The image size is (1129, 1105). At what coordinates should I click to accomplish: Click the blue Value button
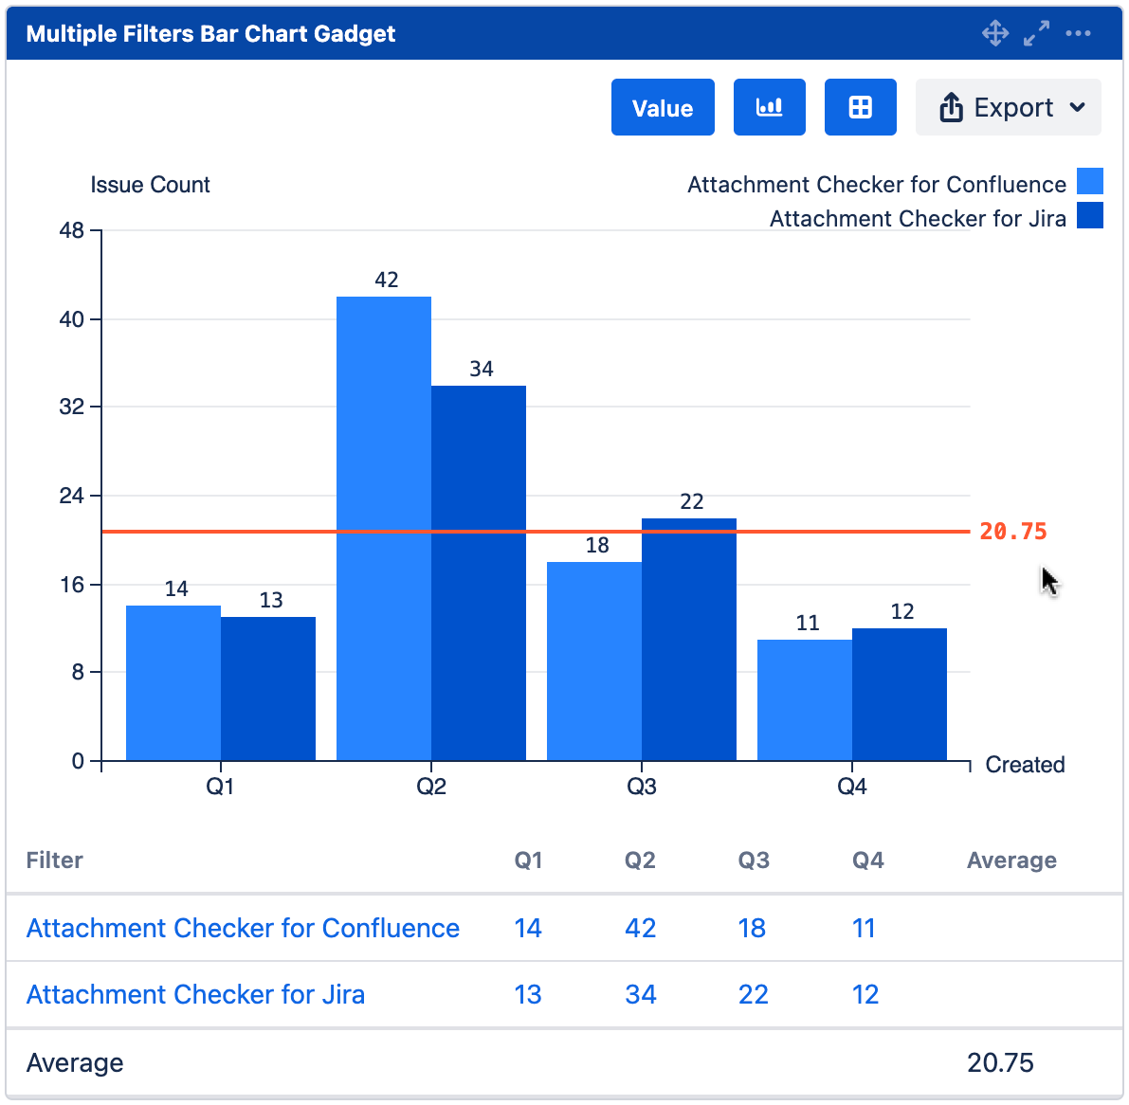tap(662, 108)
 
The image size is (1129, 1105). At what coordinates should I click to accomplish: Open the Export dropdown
tap(1008, 108)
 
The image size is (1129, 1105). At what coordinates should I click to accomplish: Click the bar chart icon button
tap(769, 108)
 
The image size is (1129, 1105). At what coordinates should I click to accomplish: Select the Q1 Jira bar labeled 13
tap(268, 688)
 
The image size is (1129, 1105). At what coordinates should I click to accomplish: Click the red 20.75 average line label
tap(1012, 532)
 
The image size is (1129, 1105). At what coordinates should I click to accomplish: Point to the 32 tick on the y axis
tap(72, 408)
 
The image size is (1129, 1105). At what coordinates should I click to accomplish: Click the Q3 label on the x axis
tap(642, 787)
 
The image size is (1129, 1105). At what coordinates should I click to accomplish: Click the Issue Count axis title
tap(150, 185)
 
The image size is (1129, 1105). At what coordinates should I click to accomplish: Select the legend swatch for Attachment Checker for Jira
tap(1090, 216)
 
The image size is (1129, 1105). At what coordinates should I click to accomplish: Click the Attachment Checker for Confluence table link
tap(243, 928)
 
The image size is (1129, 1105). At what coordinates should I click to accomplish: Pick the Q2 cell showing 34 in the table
tap(641, 994)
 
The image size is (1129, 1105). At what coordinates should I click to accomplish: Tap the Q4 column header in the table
tap(867, 860)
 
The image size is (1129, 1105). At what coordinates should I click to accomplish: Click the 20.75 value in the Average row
tap(1000, 1062)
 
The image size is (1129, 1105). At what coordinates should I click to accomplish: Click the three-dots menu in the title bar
tap(1078, 33)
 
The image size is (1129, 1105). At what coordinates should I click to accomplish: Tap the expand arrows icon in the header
tap(1036, 33)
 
